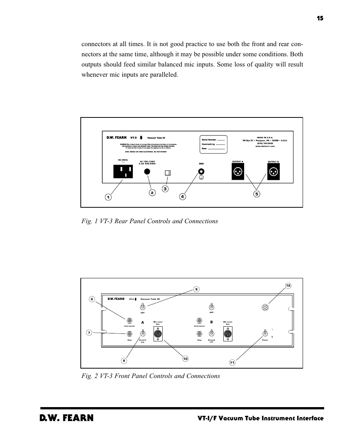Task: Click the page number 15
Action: point(320,18)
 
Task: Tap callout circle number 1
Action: point(108,197)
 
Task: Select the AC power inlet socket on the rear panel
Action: point(123,172)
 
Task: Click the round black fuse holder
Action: point(148,171)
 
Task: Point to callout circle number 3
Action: point(165,188)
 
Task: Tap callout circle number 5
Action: point(257,194)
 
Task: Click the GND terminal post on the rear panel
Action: point(202,171)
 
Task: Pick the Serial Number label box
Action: point(213,144)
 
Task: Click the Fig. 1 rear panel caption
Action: point(149,221)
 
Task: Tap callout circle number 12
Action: point(288,286)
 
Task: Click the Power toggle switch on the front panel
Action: point(265,333)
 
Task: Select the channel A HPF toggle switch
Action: point(143,306)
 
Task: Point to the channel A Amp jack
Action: point(129,333)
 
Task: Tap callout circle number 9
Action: point(196,289)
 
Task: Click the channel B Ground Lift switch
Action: point(212,333)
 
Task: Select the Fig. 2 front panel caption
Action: point(151,376)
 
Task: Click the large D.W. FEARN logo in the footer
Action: point(67,418)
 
